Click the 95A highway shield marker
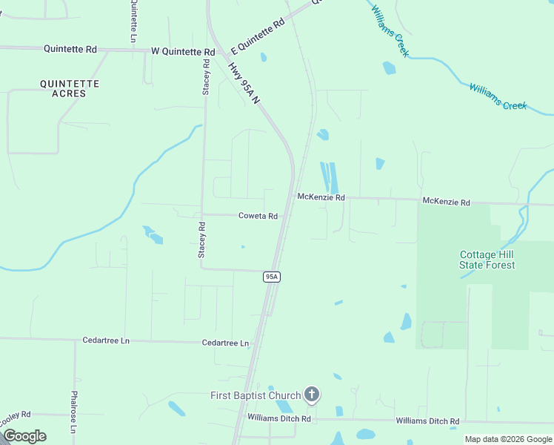coord(272,277)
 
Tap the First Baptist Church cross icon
coord(313,395)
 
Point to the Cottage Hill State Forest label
coord(487,260)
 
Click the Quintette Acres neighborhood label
coord(70,88)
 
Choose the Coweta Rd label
coord(258,216)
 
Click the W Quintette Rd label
coord(182,52)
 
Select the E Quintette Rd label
coord(258,36)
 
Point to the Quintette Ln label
coord(133,20)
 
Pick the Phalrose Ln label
coord(73,412)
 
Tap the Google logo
coord(24,436)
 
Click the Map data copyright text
coord(508,439)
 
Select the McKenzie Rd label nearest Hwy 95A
coord(321,197)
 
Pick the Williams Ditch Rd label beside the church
coord(278,419)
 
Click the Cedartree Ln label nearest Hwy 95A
coord(225,343)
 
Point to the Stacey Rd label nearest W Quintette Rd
coord(207,77)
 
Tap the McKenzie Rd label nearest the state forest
coord(446,202)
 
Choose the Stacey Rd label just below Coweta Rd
coord(201,239)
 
